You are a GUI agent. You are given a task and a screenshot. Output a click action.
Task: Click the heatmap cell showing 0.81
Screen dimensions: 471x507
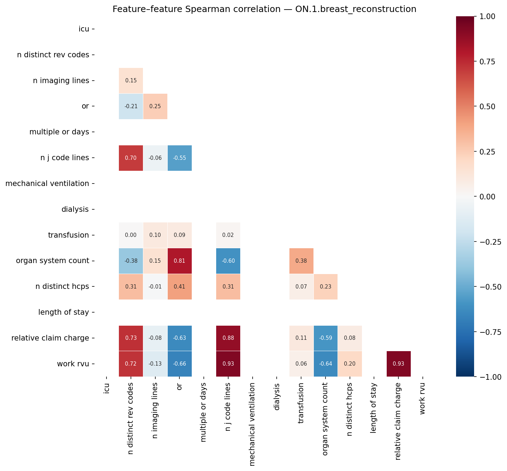(x=179, y=261)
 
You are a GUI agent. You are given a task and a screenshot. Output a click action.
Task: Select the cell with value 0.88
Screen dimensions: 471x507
(x=228, y=338)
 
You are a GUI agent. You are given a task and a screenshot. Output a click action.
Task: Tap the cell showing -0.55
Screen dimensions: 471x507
(x=179, y=158)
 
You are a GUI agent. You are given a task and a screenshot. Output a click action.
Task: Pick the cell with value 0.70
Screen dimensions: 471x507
(x=131, y=158)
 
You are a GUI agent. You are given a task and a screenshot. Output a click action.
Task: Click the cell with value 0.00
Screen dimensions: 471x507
(x=131, y=235)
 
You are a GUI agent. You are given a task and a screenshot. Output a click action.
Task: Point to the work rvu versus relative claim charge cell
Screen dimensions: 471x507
(x=398, y=364)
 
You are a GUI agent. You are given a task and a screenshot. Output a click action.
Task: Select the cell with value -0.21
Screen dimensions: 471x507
(x=131, y=106)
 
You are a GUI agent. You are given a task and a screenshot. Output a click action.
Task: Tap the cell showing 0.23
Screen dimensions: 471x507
(x=325, y=287)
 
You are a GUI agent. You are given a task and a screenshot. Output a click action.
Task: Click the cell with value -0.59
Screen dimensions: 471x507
(x=325, y=338)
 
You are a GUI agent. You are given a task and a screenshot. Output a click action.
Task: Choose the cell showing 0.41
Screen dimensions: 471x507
(x=179, y=287)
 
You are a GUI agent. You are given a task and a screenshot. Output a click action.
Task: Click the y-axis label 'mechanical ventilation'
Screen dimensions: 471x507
(x=47, y=184)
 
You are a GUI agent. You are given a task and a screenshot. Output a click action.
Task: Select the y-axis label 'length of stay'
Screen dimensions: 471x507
(x=63, y=312)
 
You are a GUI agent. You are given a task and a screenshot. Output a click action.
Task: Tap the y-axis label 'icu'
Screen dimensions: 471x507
(x=84, y=29)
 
